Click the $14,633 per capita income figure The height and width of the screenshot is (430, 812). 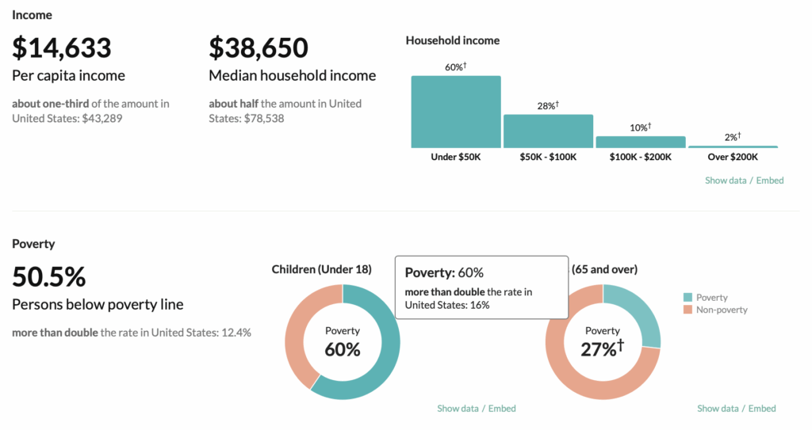click(x=62, y=48)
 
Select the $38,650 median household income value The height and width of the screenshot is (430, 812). click(x=259, y=48)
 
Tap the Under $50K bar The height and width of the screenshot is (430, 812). click(x=456, y=111)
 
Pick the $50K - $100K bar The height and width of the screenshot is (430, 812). click(x=548, y=131)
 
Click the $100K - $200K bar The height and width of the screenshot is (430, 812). click(x=641, y=142)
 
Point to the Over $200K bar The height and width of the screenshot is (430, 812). click(x=733, y=147)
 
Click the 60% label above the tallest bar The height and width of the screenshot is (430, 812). click(x=455, y=67)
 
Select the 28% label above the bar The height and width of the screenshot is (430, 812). click(x=548, y=105)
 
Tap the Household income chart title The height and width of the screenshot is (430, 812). click(x=452, y=40)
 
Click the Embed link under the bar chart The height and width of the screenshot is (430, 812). click(x=770, y=181)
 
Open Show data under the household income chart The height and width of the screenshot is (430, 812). click(x=726, y=181)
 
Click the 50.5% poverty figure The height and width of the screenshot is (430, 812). click(x=48, y=277)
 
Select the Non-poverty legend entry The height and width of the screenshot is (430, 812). click(x=721, y=310)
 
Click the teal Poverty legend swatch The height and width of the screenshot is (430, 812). click(x=688, y=298)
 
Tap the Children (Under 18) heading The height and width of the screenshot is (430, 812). click(x=321, y=269)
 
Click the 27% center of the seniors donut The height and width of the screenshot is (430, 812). click(x=603, y=348)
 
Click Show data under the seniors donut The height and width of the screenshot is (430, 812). click(x=718, y=409)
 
